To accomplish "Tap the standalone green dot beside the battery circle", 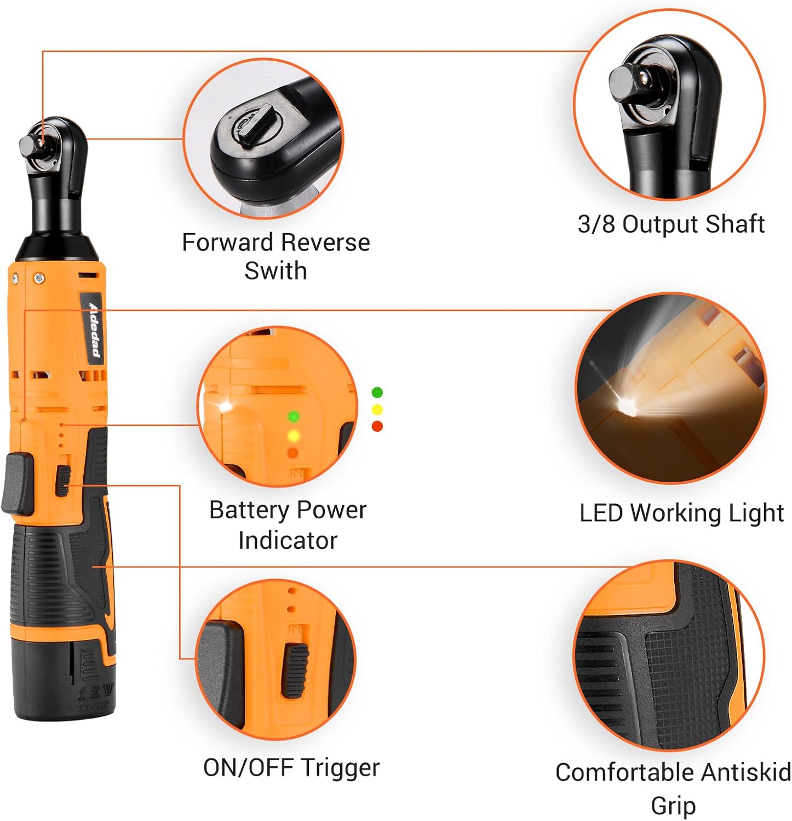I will point(377,392).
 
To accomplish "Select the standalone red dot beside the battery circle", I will point(377,426).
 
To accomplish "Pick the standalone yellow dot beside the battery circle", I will point(377,409).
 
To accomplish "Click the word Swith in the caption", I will point(276,271).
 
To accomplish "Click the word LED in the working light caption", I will point(602,513).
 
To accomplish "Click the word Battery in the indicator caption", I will point(249,510).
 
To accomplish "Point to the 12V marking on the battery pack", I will point(96,692).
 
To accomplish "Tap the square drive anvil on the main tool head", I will point(29,145).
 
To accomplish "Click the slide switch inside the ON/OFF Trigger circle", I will point(295,670).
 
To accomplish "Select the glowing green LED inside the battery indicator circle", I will point(294,417).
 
